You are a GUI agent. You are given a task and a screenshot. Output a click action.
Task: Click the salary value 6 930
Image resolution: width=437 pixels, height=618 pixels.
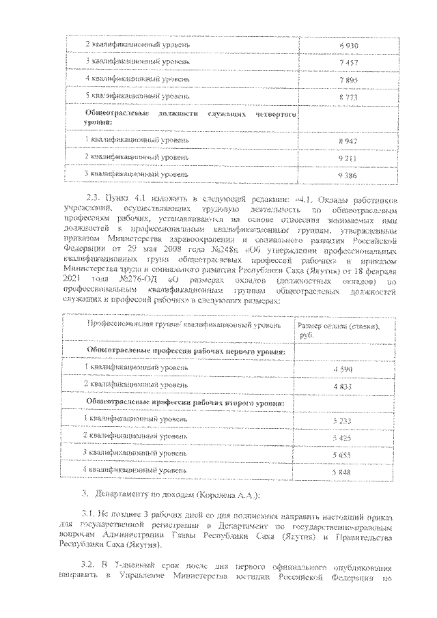click(348, 45)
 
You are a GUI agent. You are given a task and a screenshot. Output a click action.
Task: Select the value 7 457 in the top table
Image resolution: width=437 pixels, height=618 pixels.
click(348, 62)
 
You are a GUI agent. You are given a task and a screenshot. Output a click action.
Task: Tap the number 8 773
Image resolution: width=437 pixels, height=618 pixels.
click(348, 97)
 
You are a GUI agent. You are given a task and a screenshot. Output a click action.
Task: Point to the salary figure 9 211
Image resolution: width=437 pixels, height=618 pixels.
click(348, 158)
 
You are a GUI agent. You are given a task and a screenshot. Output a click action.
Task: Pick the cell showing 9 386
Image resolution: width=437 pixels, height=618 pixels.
click(348, 175)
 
